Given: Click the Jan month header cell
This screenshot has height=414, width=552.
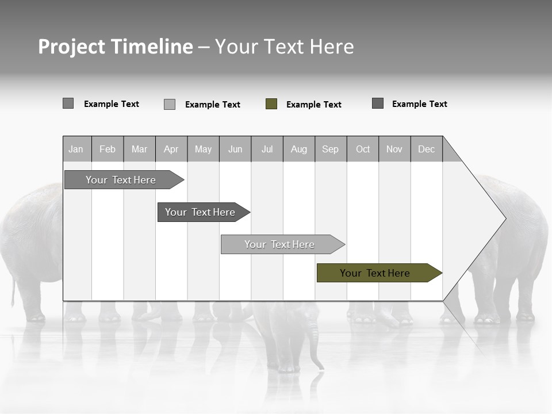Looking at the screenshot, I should tap(76, 149).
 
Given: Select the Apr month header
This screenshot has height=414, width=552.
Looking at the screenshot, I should tap(171, 149).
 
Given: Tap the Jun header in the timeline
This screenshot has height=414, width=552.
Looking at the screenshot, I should tap(235, 149).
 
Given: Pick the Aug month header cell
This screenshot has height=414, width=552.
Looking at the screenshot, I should tap(298, 149).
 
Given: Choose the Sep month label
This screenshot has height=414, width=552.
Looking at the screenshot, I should tap(330, 149).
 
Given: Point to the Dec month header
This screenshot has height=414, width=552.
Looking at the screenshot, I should tap(426, 149).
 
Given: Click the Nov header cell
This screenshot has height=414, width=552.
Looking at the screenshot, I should tap(394, 149).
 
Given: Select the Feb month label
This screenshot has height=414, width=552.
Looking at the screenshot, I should tap(108, 149).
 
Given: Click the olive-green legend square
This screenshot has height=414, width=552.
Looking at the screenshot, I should tap(271, 104).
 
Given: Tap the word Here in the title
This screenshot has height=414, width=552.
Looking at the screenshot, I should tap(332, 47).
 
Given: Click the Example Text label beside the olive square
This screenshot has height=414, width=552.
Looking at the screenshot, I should tap(313, 105).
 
